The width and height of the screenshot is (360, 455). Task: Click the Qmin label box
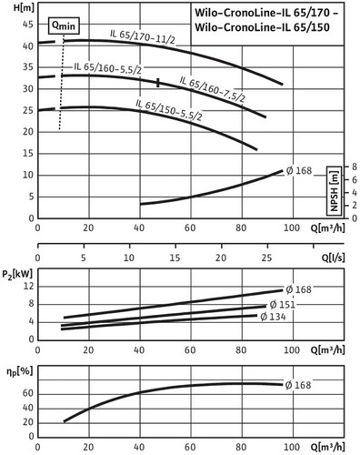[x=64, y=25]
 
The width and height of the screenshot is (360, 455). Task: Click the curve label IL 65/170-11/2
[x=143, y=36]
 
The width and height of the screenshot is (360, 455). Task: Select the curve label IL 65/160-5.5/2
[x=108, y=68]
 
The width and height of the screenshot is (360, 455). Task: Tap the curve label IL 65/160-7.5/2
[x=213, y=89]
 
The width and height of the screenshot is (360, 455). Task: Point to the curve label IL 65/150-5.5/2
[x=169, y=110]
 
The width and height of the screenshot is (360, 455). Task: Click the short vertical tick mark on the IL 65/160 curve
[x=158, y=83]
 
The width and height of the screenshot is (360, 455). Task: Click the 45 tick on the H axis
[x=28, y=25]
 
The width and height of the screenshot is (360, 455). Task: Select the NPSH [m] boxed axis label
[x=334, y=191]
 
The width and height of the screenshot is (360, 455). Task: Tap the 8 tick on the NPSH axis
[x=354, y=167]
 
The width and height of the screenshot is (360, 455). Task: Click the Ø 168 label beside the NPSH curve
[x=299, y=171]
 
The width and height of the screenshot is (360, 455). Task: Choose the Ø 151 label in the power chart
[x=282, y=304]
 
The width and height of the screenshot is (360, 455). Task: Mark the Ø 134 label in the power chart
[x=273, y=317]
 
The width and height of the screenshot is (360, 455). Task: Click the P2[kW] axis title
[x=17, y=275]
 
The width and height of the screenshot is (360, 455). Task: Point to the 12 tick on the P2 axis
[x=29, y=286]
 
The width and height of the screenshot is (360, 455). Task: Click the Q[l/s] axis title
[x=333, y=258]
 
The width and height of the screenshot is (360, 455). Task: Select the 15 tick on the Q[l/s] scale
[x=175, y=258]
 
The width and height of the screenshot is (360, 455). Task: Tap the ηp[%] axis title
[x=19, y=371]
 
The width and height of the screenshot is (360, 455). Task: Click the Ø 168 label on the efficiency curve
[x=298, y=385]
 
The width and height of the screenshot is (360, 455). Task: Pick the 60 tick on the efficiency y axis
[x=28, y=393]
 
